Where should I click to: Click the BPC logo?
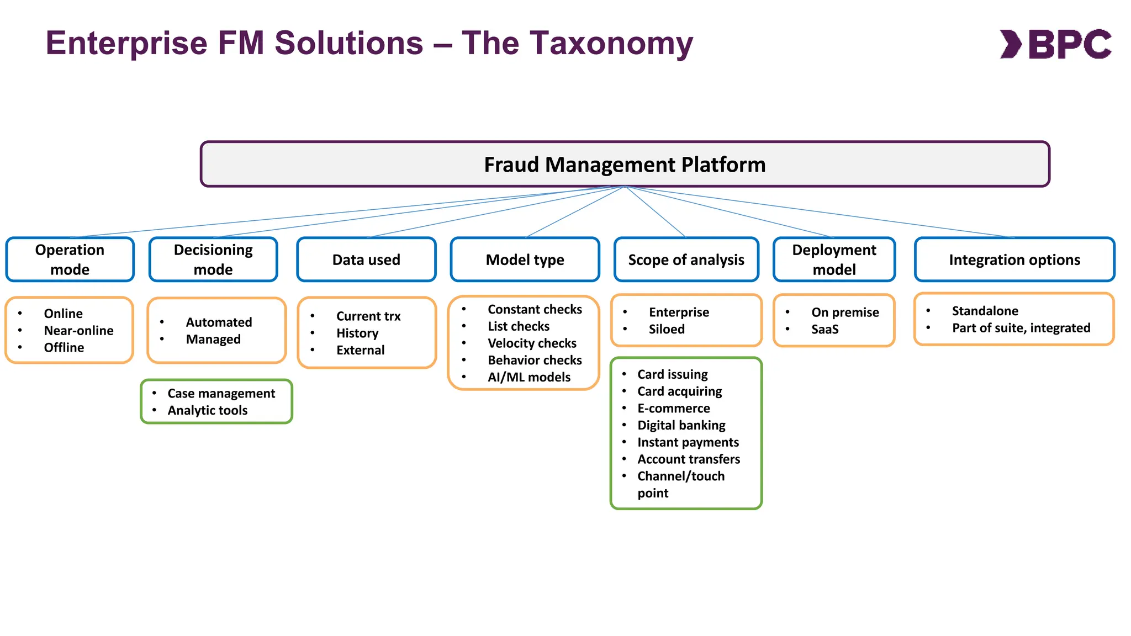(1055, 44)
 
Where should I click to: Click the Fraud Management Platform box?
(625, 165)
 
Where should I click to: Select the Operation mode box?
(70, 259)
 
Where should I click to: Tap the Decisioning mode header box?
(213, 259)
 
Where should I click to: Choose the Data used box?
(366, 259)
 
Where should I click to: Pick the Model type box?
(525, 259)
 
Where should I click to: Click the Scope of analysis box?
(686, 259)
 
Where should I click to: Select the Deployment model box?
(834, 259)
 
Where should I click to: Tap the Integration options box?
(1014, 259)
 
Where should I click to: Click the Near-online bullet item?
(78, 331)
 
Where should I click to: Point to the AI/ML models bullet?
(528, 377)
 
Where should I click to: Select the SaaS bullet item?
(825, 330)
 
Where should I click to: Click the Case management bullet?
(221, 394)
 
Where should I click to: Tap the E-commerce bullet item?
(673, 409)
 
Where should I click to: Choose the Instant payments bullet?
(688, 442)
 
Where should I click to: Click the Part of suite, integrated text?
(1021, 328)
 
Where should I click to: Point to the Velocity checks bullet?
(532, 343)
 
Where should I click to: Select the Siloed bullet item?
(667, 330)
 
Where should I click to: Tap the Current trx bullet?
(368, 316)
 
